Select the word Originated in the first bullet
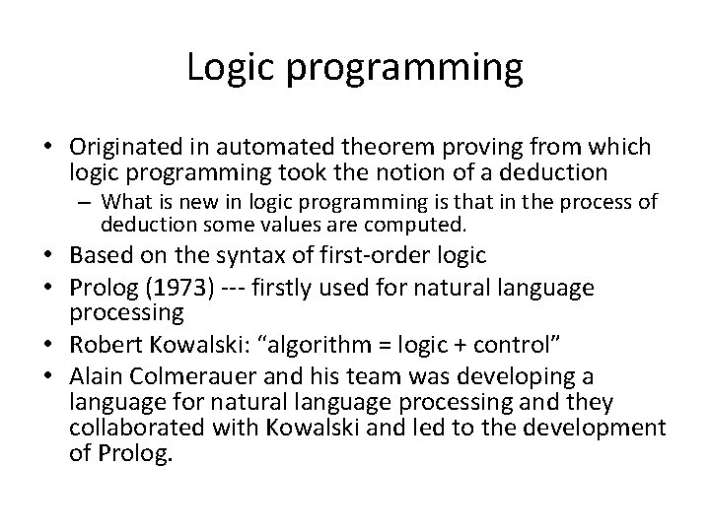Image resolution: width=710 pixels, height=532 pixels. pos(123,147)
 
